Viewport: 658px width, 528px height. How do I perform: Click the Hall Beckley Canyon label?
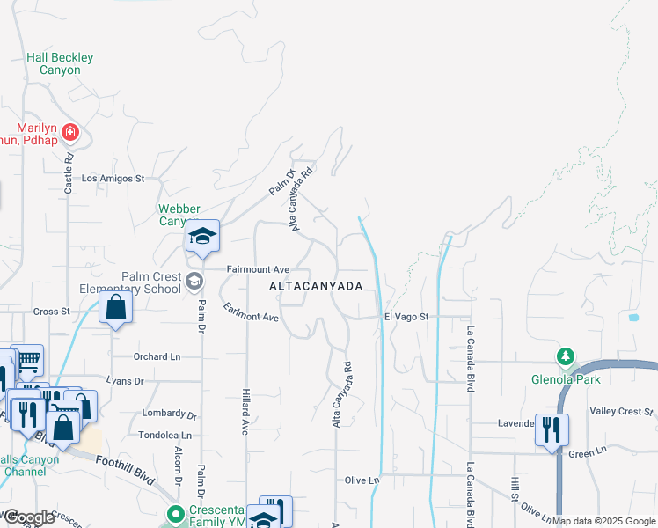coord(60,63)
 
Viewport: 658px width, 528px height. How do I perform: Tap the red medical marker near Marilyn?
coord(71,134)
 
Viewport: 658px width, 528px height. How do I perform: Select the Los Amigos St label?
coord(113,178)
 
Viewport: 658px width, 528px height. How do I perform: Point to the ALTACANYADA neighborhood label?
coord(315,287)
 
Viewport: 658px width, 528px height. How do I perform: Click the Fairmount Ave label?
coord(258,268)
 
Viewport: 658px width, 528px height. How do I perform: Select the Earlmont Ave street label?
coord(251,312)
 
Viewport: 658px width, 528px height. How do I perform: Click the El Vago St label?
coord(405,317)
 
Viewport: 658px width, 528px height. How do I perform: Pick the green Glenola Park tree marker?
coord(565,357)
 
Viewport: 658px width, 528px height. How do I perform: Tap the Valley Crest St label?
coord(623,411)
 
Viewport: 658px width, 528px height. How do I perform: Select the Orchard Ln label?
coord(157,356)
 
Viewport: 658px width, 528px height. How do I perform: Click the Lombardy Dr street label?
coord(167,414)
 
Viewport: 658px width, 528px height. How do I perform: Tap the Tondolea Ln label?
coord(164,436)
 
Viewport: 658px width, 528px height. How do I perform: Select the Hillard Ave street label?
coord(245,412)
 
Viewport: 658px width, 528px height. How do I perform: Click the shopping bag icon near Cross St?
coord(116,307)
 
